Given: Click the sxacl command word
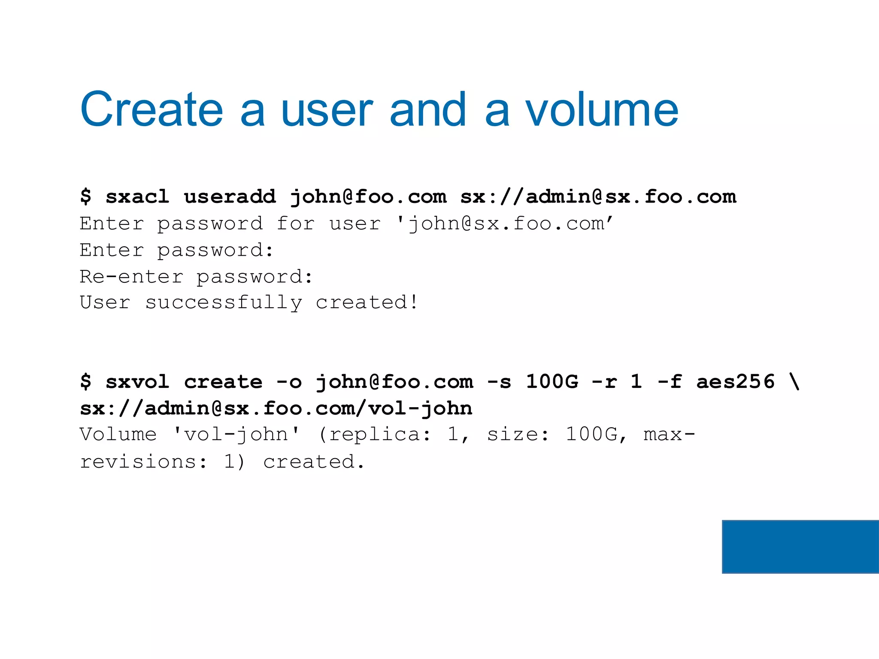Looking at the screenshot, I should point(137,196).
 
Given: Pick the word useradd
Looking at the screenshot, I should point(230,196).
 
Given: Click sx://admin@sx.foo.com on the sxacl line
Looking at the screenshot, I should point(598,196).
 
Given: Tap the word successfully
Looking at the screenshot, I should point(224,303).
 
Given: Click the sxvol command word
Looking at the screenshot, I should point(137,381).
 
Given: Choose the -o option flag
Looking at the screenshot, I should point(289,381).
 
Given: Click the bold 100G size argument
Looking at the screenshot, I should point(552,381).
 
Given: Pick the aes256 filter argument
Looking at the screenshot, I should point(735,381).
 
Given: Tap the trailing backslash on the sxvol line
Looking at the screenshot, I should point(794,381).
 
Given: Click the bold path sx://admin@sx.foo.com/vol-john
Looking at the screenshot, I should point(276,408).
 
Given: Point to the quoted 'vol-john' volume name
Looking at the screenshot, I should point(236,434).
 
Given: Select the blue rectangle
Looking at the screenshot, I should point(800,547).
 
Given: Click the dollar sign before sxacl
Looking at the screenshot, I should point(86,196).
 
